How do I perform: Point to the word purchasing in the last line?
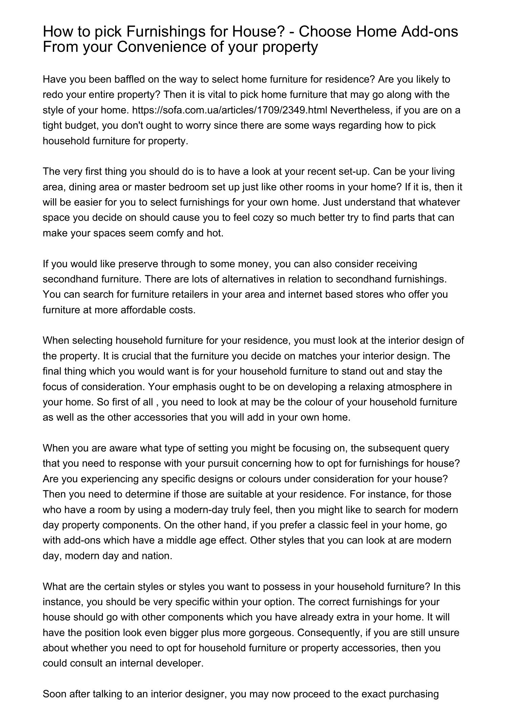click(414, 694)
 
